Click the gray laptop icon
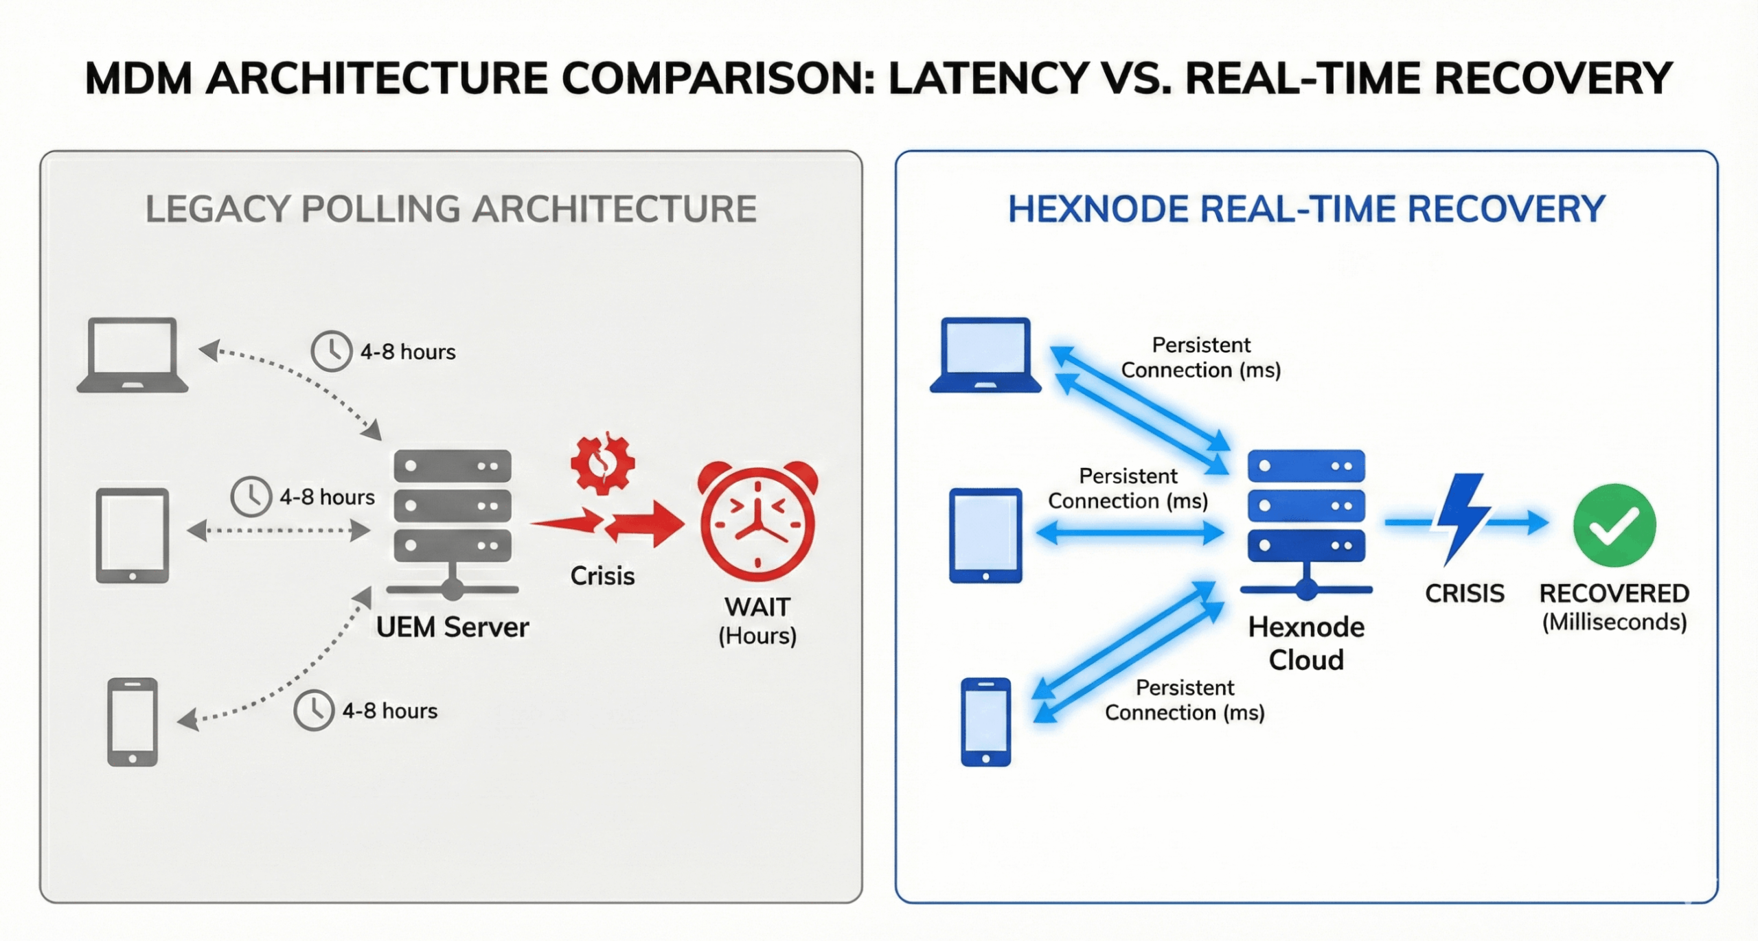[x=133, y=355]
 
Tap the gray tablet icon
[x=133, y=535]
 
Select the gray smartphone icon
[x=133, y=721]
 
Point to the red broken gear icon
[x=602, y=463]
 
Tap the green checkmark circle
[x=1614, y=524]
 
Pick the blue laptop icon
[x=985, y=355]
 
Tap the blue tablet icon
[x=985, y=535]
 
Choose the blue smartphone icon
[x=985, y=721]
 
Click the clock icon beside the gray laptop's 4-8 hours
[x=332, y=351]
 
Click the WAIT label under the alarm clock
[x=757, y=607]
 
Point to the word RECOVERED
[x=1614, y=593]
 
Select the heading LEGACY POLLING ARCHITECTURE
[x=450, y=209]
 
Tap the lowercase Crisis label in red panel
[x=602, y=576]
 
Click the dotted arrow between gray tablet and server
[x=278, y=531]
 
